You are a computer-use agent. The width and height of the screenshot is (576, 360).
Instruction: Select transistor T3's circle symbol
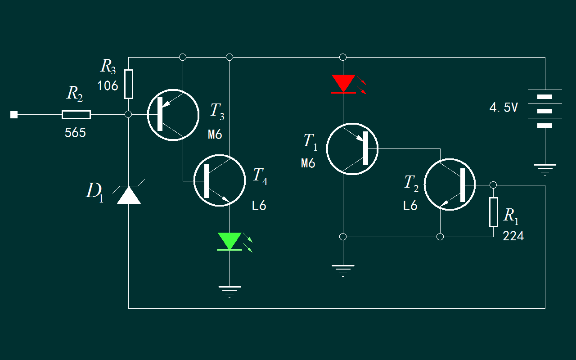pos(173,115)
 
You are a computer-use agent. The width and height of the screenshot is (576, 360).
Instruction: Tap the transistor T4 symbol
pos(219,180)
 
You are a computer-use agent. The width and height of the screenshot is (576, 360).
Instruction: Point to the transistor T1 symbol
pos(352,148)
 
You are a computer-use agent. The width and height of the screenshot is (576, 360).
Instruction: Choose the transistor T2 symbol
pos(450,184)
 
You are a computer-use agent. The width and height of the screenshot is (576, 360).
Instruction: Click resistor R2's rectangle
pos(76,115)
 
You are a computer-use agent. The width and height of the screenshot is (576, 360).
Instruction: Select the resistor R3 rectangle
pos(129,84)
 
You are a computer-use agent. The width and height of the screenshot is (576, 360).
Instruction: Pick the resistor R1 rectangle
pos(494,212)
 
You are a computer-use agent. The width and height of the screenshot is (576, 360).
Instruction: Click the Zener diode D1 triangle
pos(129,195)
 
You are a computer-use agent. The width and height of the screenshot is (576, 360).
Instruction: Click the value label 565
pos(75,133)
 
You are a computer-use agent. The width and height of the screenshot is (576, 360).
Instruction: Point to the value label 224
pos(513,236)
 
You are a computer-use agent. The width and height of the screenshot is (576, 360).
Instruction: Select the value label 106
pos(108,85)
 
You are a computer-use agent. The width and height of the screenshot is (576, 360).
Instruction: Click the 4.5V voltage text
pos(504,108)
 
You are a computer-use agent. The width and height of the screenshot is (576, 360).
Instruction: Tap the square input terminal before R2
pos(14,115)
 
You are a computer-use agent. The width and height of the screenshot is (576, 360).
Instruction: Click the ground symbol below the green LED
pos(229,292)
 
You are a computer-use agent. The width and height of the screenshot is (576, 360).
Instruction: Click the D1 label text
pos(95,192)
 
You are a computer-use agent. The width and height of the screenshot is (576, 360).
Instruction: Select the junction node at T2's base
pos(493,185)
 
